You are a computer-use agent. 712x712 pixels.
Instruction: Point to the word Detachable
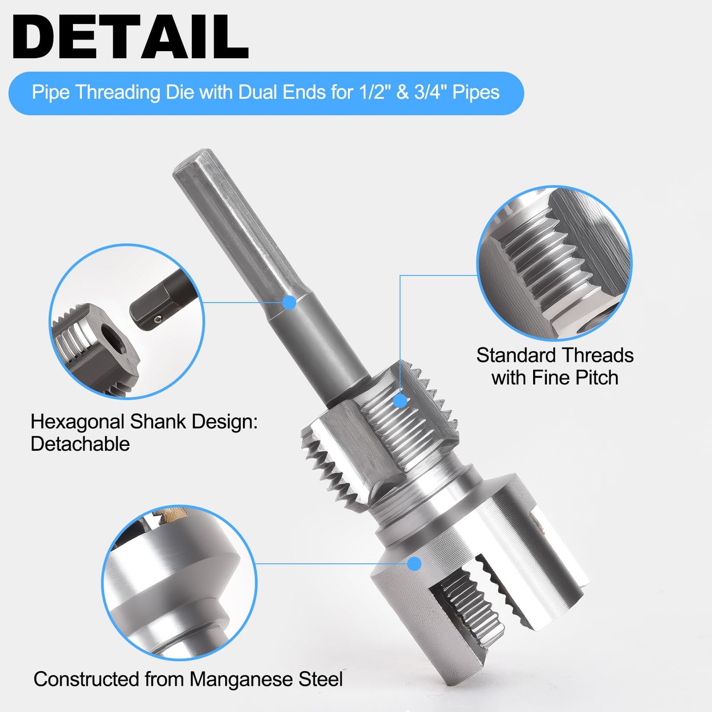80,444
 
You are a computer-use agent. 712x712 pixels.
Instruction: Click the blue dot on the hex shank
290,303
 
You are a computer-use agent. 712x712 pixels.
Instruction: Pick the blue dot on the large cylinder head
415,564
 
